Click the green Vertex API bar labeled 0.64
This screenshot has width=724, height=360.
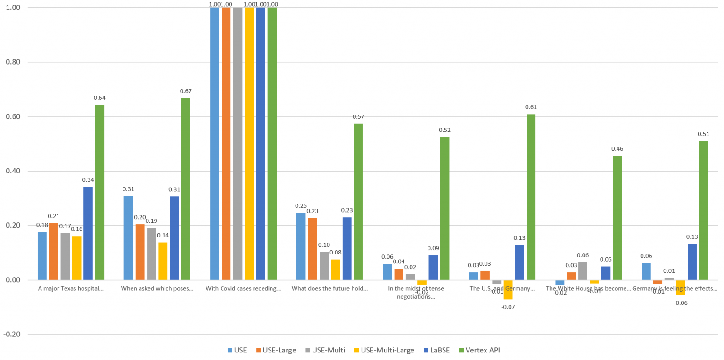(99, 192)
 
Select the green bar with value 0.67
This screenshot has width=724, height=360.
(186, 189)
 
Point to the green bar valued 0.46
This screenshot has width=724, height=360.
(617, 218)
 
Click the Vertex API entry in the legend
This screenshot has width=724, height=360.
(481, 350)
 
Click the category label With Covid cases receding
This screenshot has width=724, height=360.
(243, 288)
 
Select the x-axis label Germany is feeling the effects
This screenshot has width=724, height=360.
(675, 288)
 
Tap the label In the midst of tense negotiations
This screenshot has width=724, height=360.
(416, 292)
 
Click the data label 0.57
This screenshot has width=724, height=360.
(358, 116)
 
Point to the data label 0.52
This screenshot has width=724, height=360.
(444, 130)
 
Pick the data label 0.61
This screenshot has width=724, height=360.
(531, 107)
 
